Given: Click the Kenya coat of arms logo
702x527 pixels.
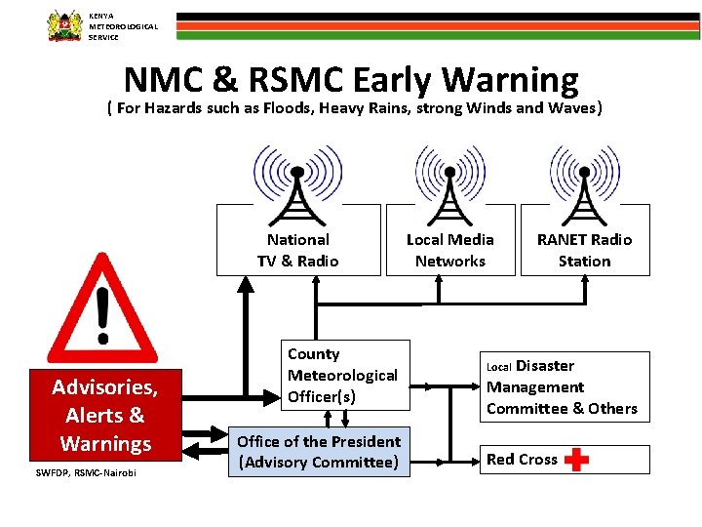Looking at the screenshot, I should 65,25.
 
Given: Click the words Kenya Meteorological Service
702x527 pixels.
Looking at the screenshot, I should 122,26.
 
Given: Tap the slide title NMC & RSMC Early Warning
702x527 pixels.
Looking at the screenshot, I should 351,79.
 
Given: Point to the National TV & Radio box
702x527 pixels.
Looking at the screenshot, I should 298,250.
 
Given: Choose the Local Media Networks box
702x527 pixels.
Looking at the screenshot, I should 449,250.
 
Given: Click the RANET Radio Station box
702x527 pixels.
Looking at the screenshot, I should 584,250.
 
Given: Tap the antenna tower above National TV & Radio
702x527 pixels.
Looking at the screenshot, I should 298,185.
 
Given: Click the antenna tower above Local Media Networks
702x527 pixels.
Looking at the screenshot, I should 449,185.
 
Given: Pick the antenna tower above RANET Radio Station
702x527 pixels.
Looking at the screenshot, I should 584,185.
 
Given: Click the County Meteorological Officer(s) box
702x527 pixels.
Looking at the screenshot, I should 341,375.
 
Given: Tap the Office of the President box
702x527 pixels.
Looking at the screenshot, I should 319,452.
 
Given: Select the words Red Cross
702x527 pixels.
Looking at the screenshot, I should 522,460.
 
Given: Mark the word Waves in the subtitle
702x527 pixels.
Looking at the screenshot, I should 572,107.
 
